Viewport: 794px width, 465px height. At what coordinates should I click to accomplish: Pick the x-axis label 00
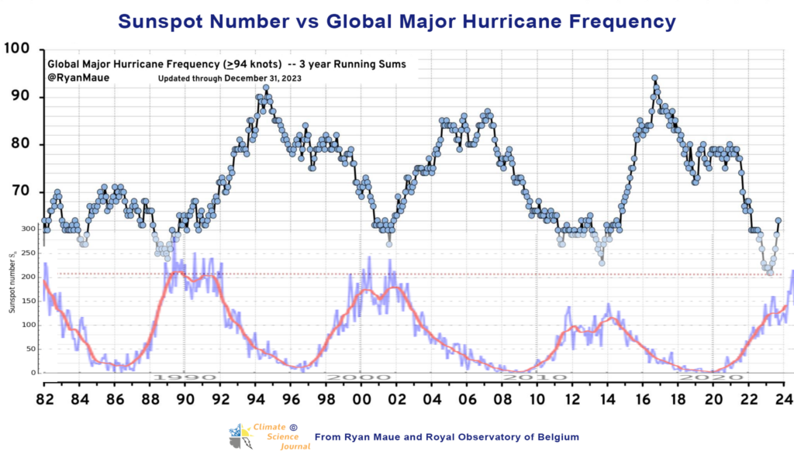[361, 401]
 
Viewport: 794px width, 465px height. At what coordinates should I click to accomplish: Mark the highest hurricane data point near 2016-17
[654, 78]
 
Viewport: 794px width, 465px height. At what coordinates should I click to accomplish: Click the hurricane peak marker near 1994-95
[266, 88]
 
